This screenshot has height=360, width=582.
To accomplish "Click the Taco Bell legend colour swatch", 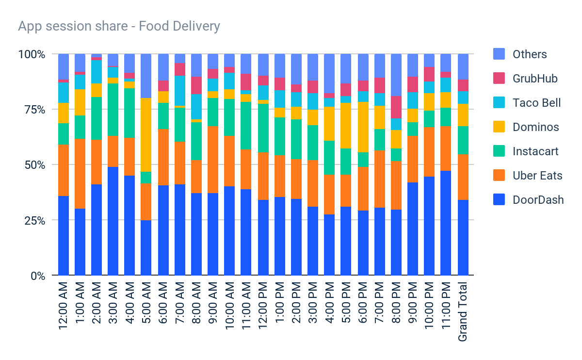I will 499,103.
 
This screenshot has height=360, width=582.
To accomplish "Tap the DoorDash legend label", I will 538,199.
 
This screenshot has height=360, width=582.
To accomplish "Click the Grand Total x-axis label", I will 463,311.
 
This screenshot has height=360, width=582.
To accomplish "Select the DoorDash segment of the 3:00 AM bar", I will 113,221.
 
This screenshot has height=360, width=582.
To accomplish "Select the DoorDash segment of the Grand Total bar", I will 463,238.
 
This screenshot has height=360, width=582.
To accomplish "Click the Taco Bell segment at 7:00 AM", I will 180,90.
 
